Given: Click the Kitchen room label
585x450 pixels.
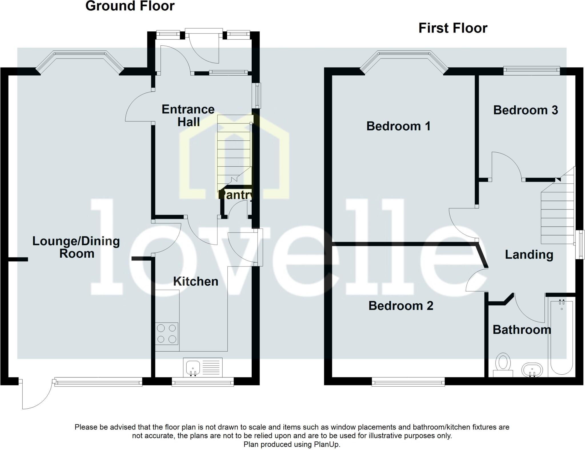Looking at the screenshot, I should click(196, 282).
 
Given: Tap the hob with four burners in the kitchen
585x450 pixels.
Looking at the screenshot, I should click(167, 334).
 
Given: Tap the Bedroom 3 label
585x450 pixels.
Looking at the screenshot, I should click(525, 110).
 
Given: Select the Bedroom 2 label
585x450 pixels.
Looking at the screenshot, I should click(401, 306).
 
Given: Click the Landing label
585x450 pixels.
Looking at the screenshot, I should click(529, 255).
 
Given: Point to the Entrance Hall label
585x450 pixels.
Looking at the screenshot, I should click(188, 116).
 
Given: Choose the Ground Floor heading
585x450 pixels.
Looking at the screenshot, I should click(130, 6).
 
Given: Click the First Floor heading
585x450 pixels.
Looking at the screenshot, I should click(453, 28).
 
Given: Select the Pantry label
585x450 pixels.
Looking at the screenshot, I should click(235, 195).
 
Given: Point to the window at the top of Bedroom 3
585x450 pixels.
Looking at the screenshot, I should click(531, 70).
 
